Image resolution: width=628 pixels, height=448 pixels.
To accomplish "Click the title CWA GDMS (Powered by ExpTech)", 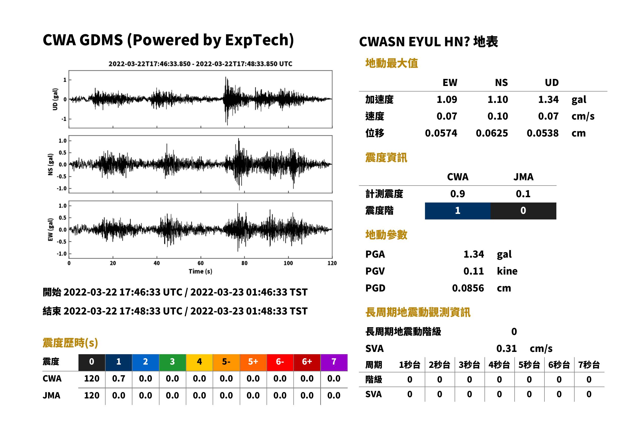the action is click(x=168, y=40).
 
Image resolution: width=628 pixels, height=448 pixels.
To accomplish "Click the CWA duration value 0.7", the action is click(x=119, y=379).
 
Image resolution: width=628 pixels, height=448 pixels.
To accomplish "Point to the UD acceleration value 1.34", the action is click(x=548, y=100).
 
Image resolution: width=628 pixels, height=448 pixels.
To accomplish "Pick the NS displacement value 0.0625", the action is click(x=492, y=133).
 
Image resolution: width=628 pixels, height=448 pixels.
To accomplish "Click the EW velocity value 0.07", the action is click(x=447, y=116).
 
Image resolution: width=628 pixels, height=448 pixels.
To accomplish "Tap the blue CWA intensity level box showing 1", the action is click(x=458, y=211).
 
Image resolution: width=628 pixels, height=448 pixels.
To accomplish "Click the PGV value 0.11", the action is click(x=474, y=271).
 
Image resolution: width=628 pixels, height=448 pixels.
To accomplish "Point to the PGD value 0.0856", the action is click(x=468, y=288).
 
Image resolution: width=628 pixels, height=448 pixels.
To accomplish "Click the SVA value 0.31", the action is click(x=507, y=349).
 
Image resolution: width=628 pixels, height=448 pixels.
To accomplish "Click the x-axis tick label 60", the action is click(x=200, y=263).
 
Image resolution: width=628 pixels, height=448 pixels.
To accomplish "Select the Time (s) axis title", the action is click(x=200, y=272).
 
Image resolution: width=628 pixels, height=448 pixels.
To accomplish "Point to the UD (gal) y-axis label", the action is click(x=55, y=99).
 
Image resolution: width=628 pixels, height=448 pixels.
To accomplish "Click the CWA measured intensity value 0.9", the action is click(x=458, y=194).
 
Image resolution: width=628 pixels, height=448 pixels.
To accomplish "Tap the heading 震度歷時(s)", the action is click(x=70, y=343).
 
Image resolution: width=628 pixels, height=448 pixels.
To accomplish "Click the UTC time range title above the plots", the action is click(x=200, y=64).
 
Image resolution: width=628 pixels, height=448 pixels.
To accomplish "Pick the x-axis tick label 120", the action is click(x=332, y=263).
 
